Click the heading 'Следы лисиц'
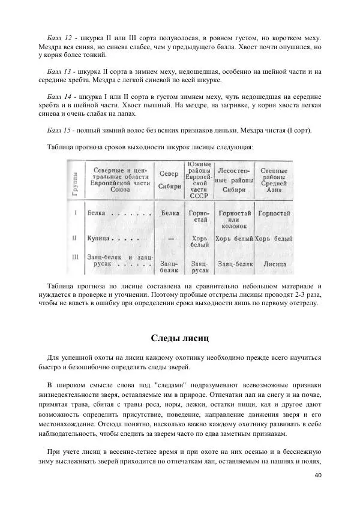180,340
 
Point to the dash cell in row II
170,238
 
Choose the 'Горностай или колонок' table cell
233,219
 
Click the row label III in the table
73,257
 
